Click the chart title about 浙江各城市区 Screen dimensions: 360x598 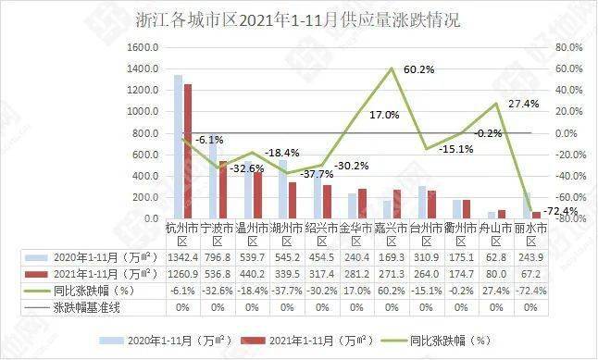pos(299,18)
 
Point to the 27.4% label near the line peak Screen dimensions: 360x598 pos(523,104)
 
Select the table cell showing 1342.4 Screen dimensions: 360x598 pos(181,256)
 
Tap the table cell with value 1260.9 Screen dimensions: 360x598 pos(181,273)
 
